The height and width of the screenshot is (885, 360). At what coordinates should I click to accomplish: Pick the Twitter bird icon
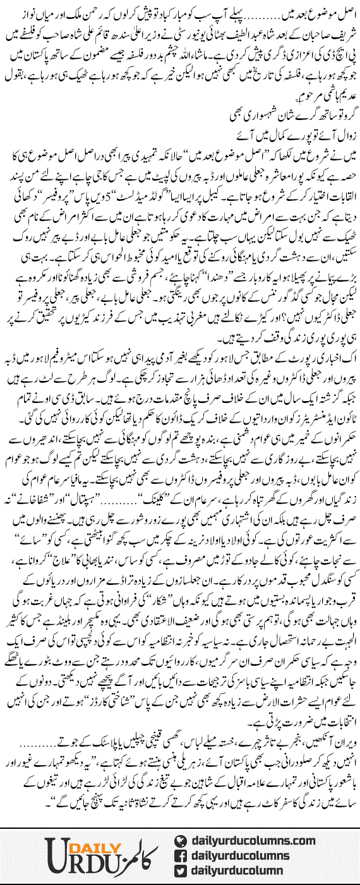[181, 871]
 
